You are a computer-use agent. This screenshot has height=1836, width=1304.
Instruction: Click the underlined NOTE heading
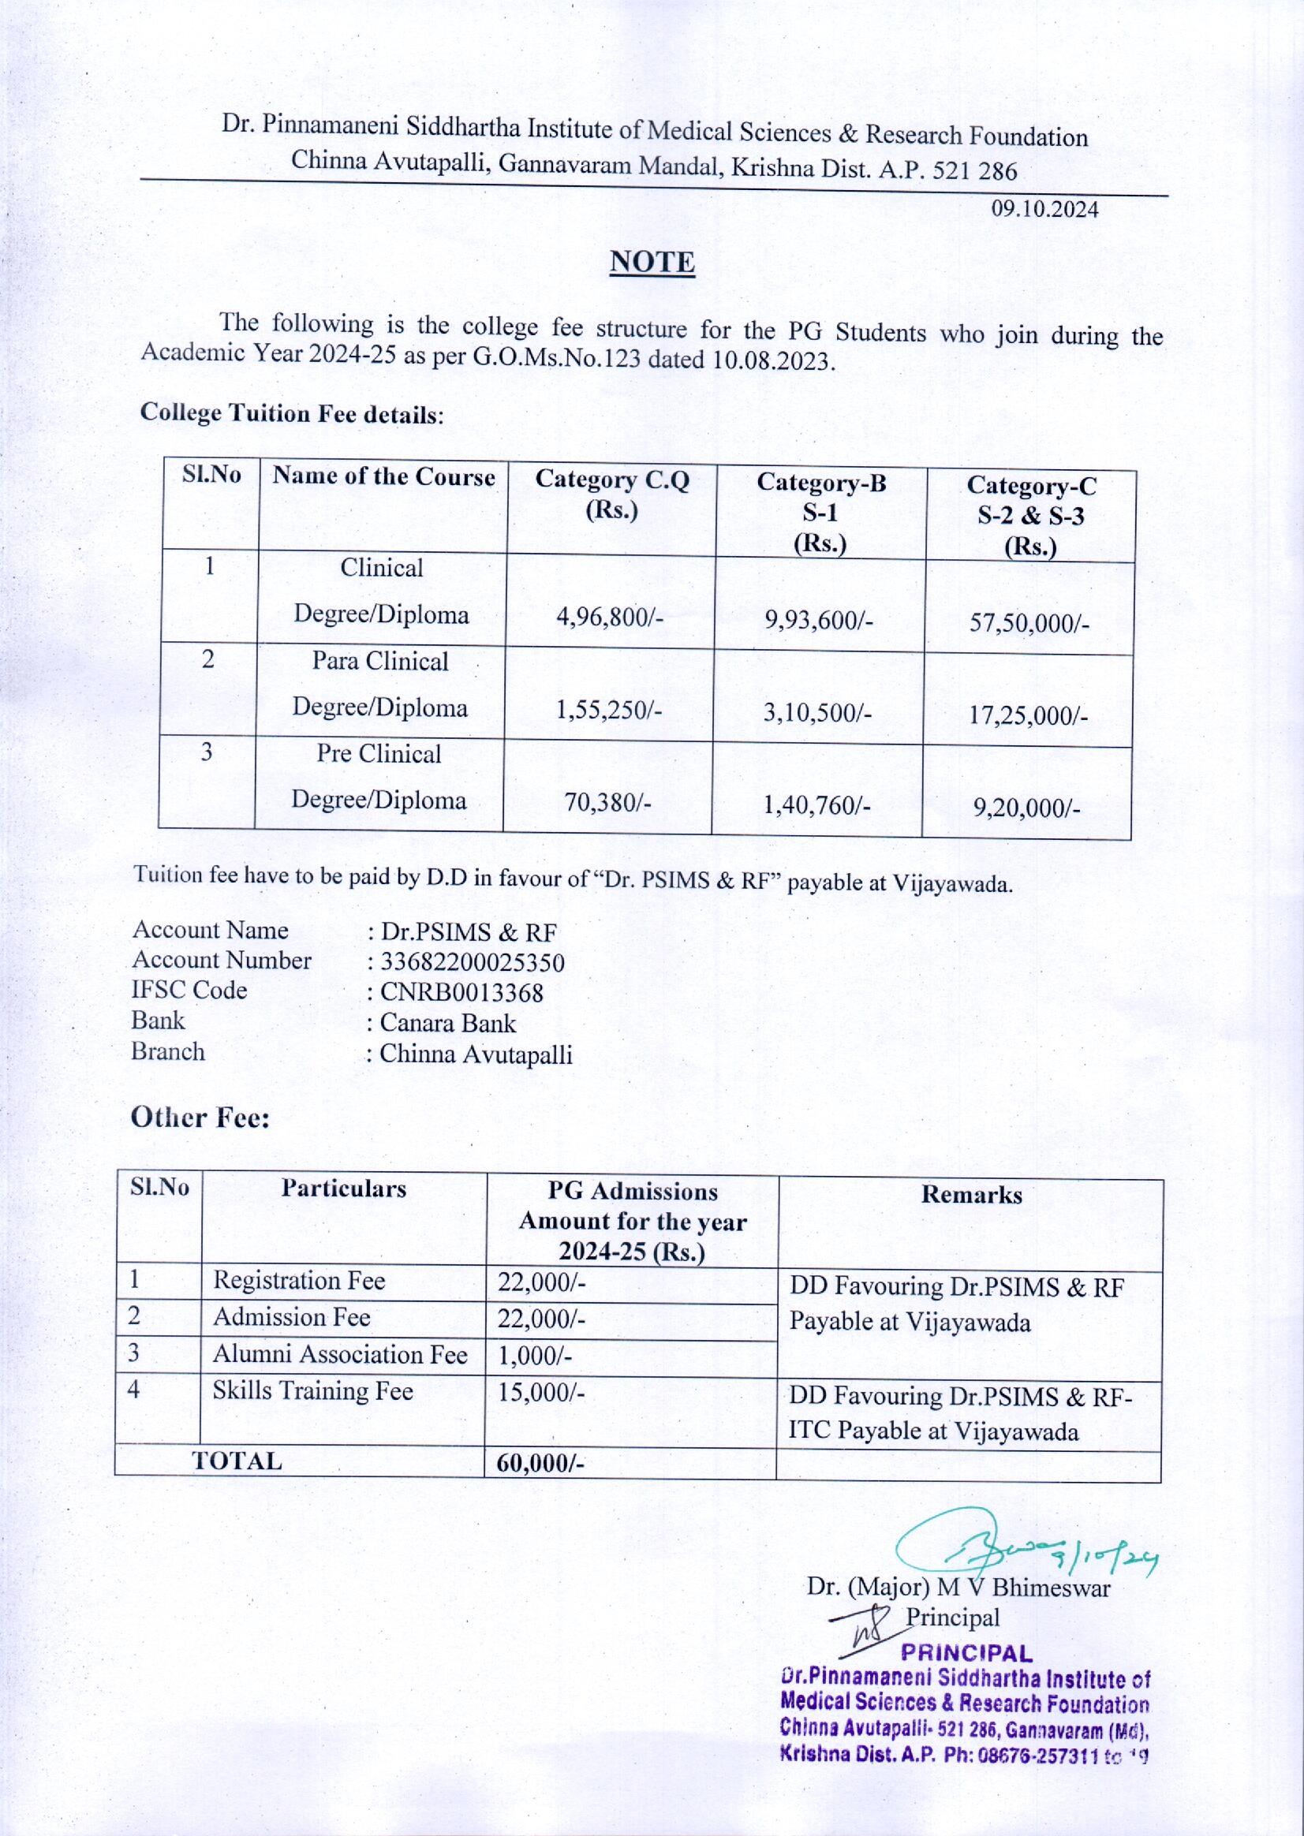652,263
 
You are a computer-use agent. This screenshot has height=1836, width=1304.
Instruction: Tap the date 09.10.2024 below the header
1044,211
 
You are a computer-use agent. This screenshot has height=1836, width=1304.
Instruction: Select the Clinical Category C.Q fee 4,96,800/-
611,618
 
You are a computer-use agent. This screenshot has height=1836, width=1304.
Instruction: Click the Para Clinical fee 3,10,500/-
817,712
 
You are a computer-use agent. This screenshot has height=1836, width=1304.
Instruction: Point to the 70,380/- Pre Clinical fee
607,802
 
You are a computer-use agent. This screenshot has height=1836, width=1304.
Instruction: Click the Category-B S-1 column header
820,512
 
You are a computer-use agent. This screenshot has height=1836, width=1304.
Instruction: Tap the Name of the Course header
383,477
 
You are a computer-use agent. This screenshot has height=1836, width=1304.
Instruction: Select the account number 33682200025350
472,962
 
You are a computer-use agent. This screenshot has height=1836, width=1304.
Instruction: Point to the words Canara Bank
447,1024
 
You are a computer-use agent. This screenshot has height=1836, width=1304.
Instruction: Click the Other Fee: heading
200,1118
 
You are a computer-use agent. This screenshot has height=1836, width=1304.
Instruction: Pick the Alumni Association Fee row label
340,1355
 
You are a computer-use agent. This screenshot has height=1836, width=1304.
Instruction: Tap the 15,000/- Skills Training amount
540,1392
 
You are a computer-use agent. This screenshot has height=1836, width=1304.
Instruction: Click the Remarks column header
971,1196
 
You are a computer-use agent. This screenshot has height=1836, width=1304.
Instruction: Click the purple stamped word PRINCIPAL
967,1653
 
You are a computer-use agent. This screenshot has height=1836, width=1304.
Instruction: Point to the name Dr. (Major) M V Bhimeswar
958,1588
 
